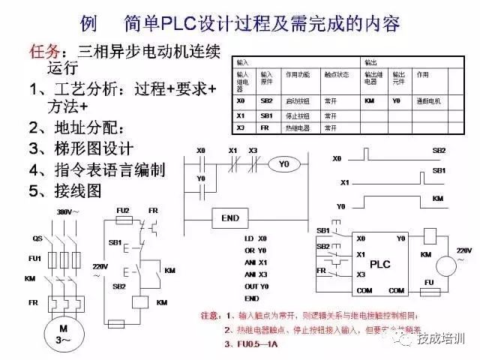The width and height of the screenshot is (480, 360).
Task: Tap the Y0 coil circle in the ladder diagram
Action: tap(283, 163)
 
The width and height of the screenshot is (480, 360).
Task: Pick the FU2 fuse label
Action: tap(123, 210)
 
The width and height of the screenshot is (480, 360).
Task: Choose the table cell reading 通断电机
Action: tap(429, 100)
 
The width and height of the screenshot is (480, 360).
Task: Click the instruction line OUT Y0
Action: tap(256, 286)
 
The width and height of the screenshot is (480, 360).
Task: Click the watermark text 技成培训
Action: tap(442, 339)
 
